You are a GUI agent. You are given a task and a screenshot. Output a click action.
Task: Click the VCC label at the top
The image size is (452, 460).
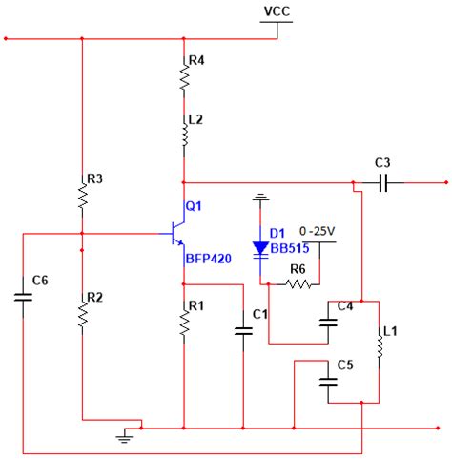click(277, 11)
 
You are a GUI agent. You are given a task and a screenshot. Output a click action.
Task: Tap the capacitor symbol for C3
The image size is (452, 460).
click(382, 180)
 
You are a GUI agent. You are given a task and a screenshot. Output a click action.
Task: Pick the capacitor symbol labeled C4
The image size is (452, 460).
click(329, 322)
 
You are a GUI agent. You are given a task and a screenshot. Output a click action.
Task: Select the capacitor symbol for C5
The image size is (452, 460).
click(329, 379)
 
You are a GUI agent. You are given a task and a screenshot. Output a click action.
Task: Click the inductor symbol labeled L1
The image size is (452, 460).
click(381, 347)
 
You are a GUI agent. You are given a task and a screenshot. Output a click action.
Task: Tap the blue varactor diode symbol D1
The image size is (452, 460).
click(260, 248)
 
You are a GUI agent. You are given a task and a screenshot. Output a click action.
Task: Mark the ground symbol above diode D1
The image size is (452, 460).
click(259, 199)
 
